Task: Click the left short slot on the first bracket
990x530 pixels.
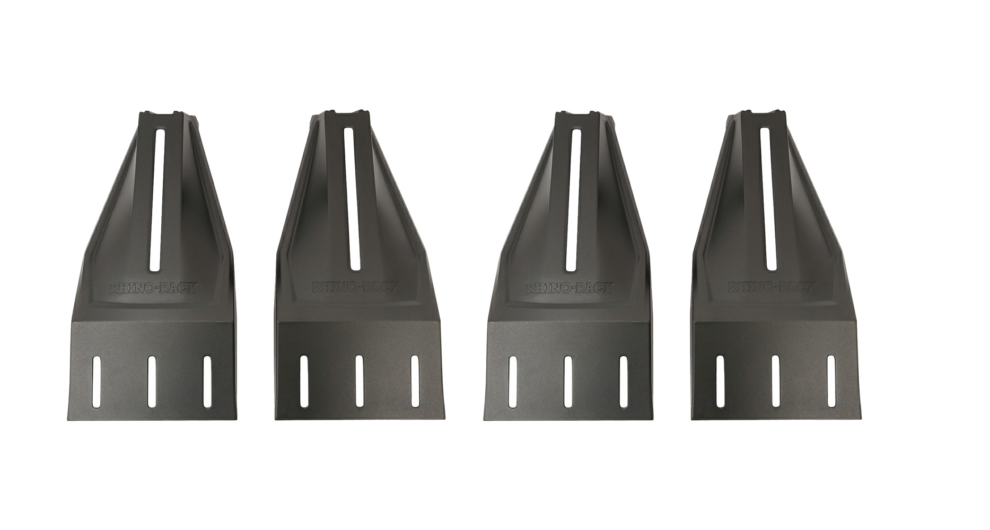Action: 97,382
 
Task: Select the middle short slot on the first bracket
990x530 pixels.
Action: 152,382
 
